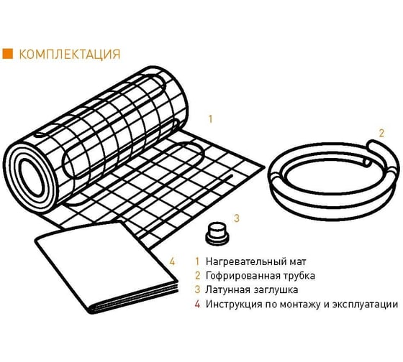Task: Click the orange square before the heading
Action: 7,54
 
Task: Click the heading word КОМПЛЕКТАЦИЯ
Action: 70,54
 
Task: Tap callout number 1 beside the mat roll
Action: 210,119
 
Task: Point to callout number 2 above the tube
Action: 381,133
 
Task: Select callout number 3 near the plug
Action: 237,218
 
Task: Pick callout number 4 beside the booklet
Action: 172,261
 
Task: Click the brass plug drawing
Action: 217,233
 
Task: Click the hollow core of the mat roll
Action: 32,176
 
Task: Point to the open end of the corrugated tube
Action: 366,162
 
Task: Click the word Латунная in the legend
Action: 227,289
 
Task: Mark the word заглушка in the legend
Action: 276,290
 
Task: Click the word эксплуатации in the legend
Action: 365,305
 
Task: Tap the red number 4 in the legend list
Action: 197,304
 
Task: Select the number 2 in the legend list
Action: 197,276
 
